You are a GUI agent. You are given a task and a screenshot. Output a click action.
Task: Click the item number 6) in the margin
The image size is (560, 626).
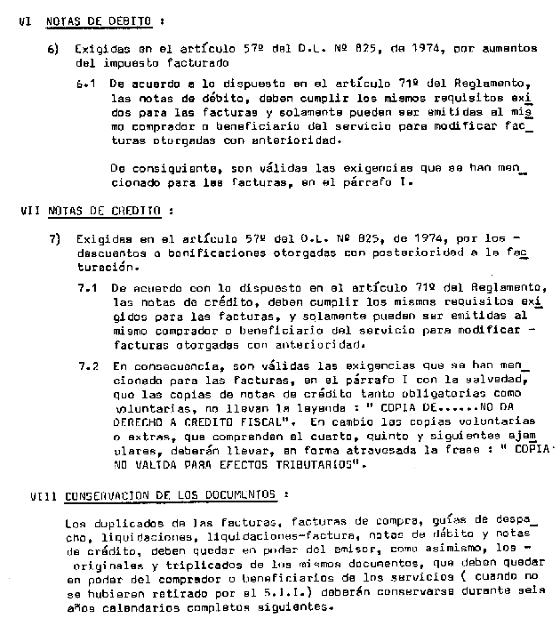pos(53,51)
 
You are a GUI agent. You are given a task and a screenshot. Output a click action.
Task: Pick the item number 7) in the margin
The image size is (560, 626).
pos(54,238)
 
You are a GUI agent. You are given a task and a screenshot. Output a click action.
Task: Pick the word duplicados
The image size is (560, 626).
pos(119,523)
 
